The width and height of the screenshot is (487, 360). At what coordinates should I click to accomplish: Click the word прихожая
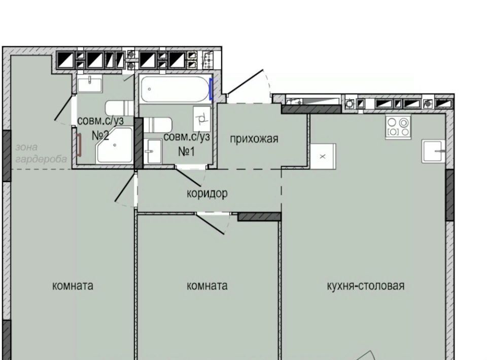click(x=254, y=139)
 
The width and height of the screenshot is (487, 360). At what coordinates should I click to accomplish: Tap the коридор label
click(x=207, y=193)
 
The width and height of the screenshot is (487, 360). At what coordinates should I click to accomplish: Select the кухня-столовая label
click(x=366, y=285)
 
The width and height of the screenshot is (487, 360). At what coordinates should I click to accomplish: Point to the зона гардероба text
click(x=41, y=153)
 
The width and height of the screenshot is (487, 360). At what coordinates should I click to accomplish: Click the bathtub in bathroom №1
click(x=175, y=89)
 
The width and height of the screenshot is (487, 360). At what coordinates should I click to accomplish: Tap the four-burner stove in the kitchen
click(x=398, y=127)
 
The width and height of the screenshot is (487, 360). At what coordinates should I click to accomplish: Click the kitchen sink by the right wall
click(x=433, y=152)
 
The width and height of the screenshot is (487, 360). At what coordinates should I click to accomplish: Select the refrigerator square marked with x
click(x=323, y=156)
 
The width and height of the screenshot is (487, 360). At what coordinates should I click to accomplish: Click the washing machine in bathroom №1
click(x=202, y=119)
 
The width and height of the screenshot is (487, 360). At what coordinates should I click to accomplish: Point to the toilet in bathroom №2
click(x=119, y=108)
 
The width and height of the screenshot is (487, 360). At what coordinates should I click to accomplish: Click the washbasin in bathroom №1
click(x=153, y=151)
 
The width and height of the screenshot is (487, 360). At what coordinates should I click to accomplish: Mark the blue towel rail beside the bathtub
click(x=211, y=89)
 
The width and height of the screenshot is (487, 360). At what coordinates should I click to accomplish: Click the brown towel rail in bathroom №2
click(x=79, y=145)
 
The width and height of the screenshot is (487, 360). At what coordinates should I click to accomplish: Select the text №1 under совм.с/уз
click(x=187, y=152)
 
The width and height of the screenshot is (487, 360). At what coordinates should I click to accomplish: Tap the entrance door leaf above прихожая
click(x=246, y=81)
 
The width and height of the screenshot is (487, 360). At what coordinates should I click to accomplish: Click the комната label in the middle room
click(x=207, y=285)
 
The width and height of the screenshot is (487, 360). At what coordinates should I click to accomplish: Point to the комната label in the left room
click(x=73, y=285)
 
